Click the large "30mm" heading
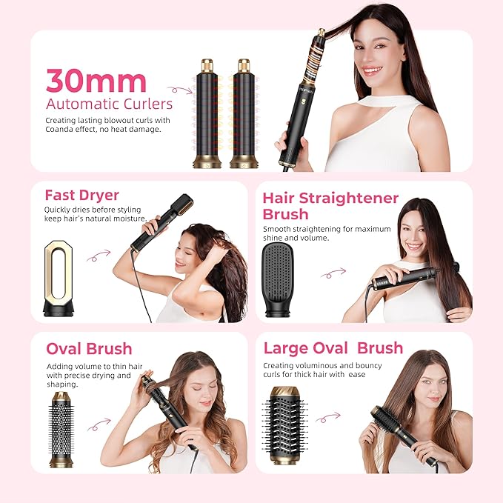click(96, 81)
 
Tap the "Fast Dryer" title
click(81, 196)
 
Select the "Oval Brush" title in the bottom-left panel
click(89, 348)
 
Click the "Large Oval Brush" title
click(333, 347)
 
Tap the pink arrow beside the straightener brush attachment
click(333, 273)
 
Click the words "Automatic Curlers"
click(109, 104)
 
